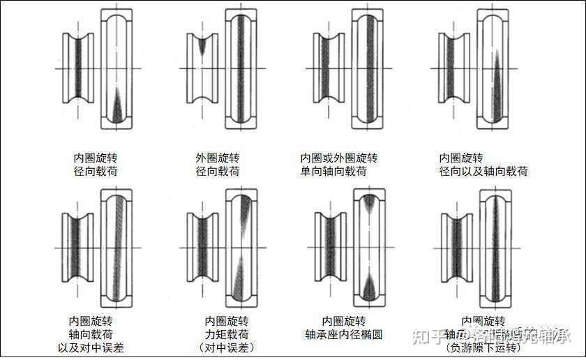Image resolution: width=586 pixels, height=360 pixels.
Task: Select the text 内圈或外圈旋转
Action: [x=339, y=158]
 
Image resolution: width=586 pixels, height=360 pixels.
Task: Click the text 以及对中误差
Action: [x=90, y=347]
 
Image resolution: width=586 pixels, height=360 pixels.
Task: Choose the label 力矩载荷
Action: [x=226, y=334]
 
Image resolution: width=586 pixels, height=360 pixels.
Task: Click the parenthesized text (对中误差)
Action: [x=226, y=347]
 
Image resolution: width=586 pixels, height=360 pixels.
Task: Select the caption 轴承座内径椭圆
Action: [x=344, y=334]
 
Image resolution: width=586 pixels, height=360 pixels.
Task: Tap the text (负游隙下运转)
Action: [x=483, y=347]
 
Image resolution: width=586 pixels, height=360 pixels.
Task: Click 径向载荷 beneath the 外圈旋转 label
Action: [x=218, y=171]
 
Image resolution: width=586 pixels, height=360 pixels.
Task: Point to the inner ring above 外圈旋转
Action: [x=201, y=68]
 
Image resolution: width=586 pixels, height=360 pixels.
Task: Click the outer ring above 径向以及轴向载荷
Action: [x=495, y=68]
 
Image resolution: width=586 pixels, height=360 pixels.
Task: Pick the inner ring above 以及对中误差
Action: [x=78, y=248]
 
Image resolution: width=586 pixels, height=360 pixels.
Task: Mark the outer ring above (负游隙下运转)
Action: [x=495, y=248]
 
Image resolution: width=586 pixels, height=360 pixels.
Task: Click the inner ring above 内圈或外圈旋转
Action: [x=326, y=68]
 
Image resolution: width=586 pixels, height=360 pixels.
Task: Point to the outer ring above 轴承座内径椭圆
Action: [x=369, y=248]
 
